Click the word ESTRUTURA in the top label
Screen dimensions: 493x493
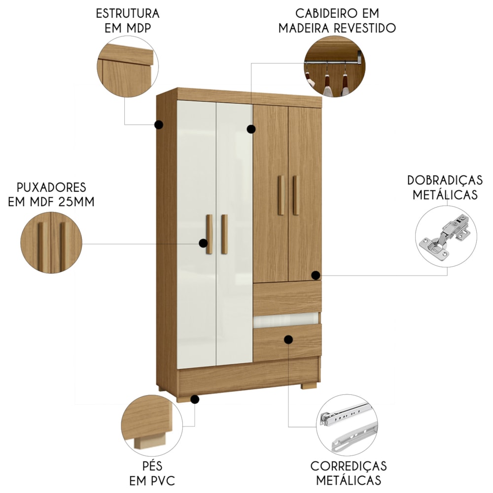tap(128, 14)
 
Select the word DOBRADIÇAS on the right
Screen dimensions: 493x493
tap(445, 180)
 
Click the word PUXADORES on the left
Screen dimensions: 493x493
tap(51, 187)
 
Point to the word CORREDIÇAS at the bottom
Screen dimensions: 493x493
tap(349, 466)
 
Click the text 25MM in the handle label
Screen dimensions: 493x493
tap(76, 202)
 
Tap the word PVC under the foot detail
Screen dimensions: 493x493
tap(163, 481)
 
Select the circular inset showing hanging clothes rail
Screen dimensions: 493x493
tap(335, 67)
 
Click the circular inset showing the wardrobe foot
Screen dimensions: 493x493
tap(152, 426)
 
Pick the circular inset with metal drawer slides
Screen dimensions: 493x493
tap(347, 425)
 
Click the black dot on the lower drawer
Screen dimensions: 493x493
tap(288, 340)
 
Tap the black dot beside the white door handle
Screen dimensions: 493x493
tap(204, 243)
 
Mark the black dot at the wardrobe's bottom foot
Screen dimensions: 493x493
tap(195, 399)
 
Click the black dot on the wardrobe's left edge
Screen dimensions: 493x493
tap(159, 125)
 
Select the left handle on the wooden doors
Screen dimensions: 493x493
tap(281, 195)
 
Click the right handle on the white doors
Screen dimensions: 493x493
tap(224, 234)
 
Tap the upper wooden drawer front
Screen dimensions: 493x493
tap(287, 297)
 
